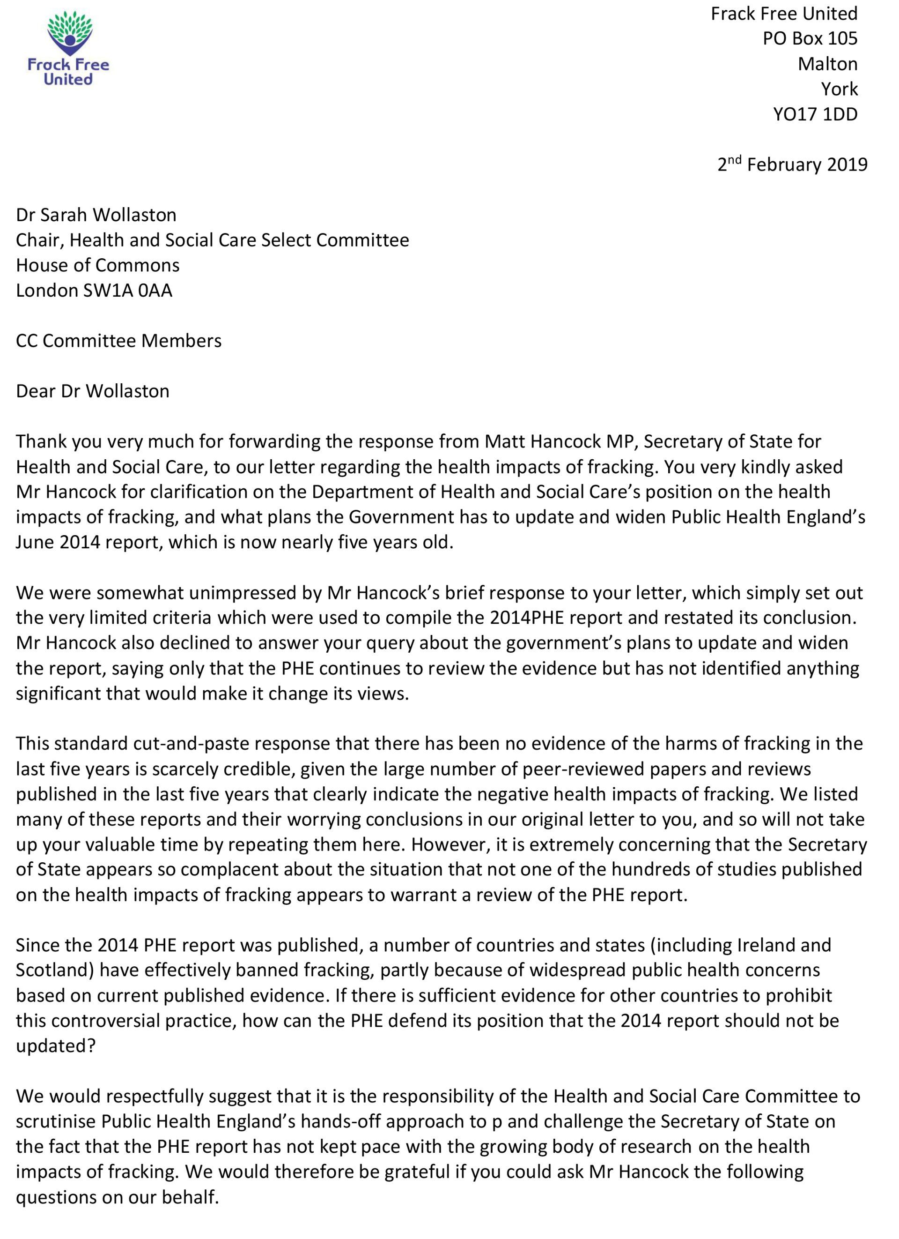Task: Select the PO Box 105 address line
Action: [810, 38]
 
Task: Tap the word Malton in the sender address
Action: [827, 64]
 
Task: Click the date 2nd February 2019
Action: [792, 164]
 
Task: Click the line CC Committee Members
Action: [118, 340]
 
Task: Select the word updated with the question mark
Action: [56, 1046]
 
